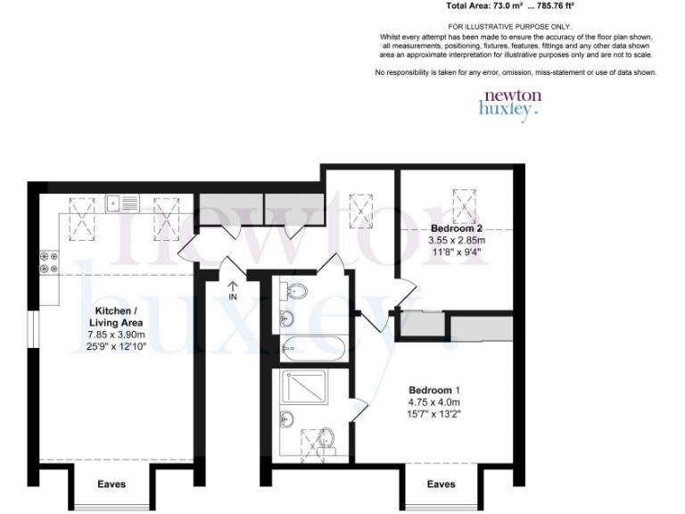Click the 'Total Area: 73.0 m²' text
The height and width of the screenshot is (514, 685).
pyautogui.click(x=489, y=5)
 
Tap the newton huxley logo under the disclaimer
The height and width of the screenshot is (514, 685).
pyautogui.click(x=510, y=103)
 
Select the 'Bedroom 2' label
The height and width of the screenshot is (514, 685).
pyautogui.click(x=457, y=228)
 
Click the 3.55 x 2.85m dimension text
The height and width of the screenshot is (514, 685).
pyautogui.click(x=457, y=240)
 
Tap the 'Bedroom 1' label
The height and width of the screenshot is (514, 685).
pyautogui.click(x=434, y=391)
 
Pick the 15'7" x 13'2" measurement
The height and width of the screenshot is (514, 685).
pyautogui.click(x=434, y=414)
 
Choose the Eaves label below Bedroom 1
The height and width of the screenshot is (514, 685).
pyautogui.click(x=442, y=485)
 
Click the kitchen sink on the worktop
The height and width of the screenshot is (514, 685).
pyautogui.click(x=122, y=203)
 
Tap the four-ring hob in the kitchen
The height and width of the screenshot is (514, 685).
pyautogui.click(x=48, y=261)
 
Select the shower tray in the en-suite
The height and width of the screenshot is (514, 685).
pyautogui.click(x=306, y=387)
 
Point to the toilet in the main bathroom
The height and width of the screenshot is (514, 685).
pyautogui.click(x=294, y=289)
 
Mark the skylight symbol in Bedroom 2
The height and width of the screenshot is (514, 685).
pyautogui.click(x=464, y=203)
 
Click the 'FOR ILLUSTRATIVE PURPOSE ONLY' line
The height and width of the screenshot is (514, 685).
pyautogui.click(x=510, y=27)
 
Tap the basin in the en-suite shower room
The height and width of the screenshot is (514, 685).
pyautogui.click(x=287, y=418)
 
